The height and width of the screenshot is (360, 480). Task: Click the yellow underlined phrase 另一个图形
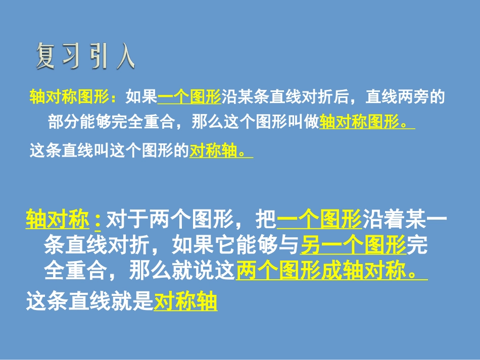[x=354, y=246]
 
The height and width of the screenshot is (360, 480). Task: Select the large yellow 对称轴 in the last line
[x=185, y=301]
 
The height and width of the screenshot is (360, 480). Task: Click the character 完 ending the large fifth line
[x=417, y=246]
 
